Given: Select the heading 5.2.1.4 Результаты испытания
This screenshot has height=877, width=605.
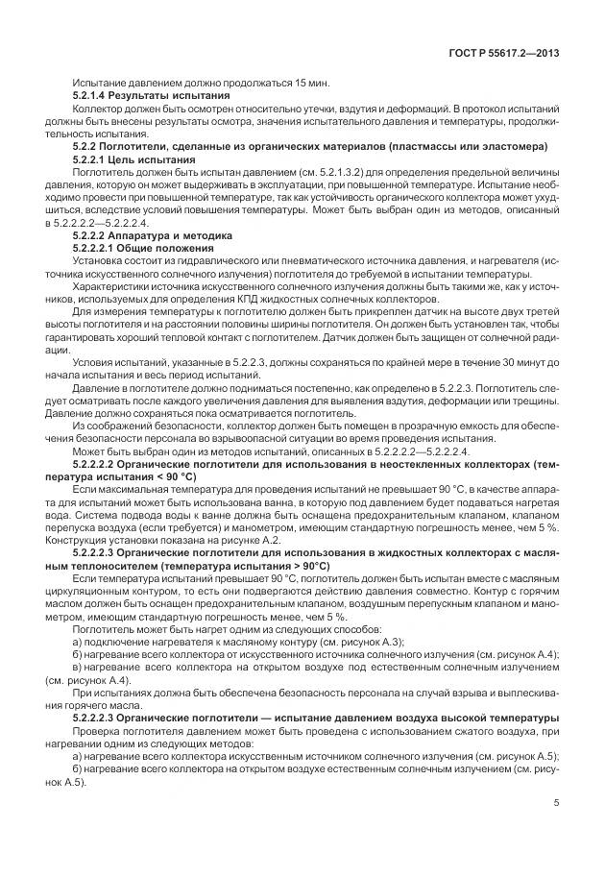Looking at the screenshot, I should tap(151, 96).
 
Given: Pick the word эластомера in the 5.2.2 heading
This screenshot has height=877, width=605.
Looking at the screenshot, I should tap(509, 146).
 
